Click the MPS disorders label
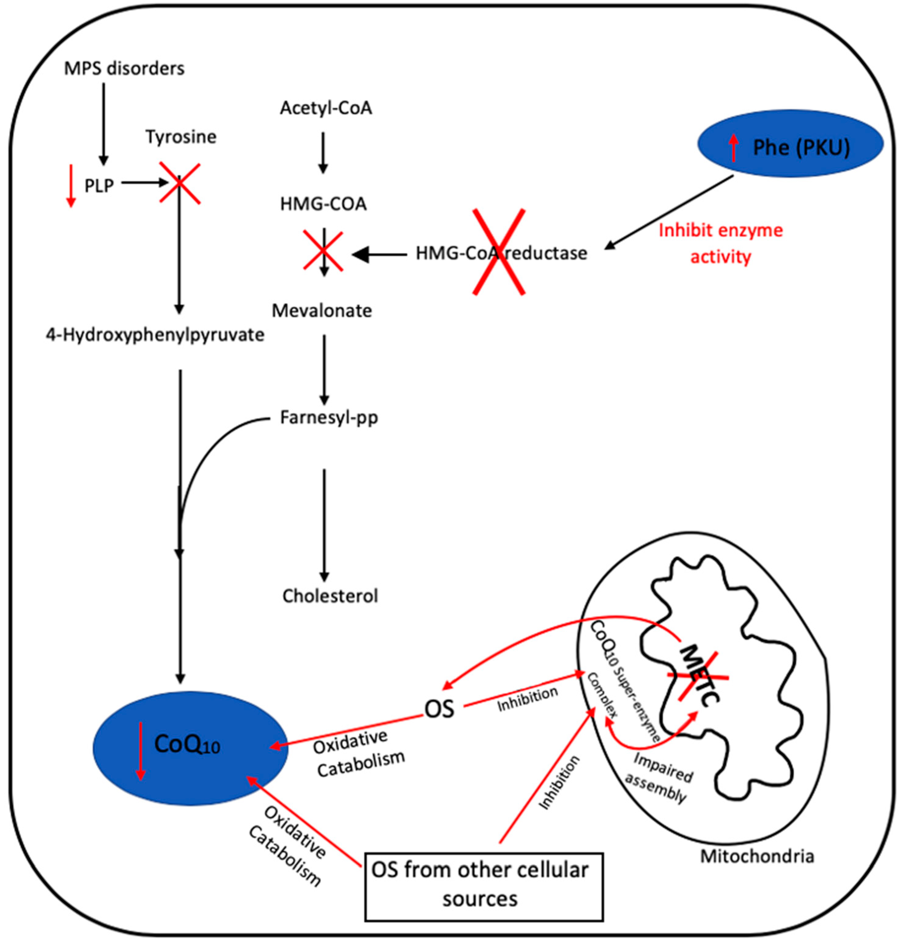[x=124, y=68]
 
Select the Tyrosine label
[x=181, y=137]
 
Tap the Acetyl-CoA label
[x=326, y=108]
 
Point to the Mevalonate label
[x=322, y=311]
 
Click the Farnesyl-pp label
[x=329, y=418]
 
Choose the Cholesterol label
[x=330, y=596]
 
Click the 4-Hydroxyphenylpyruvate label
[x=155, y=335]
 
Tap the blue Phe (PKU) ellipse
[x=791, y=144]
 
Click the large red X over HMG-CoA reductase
[x=499, y=251]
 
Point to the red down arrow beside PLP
[x=71, y=185]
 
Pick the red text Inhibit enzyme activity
[x=721, y=244]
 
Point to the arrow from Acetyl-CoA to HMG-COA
[x=323, y=152]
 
